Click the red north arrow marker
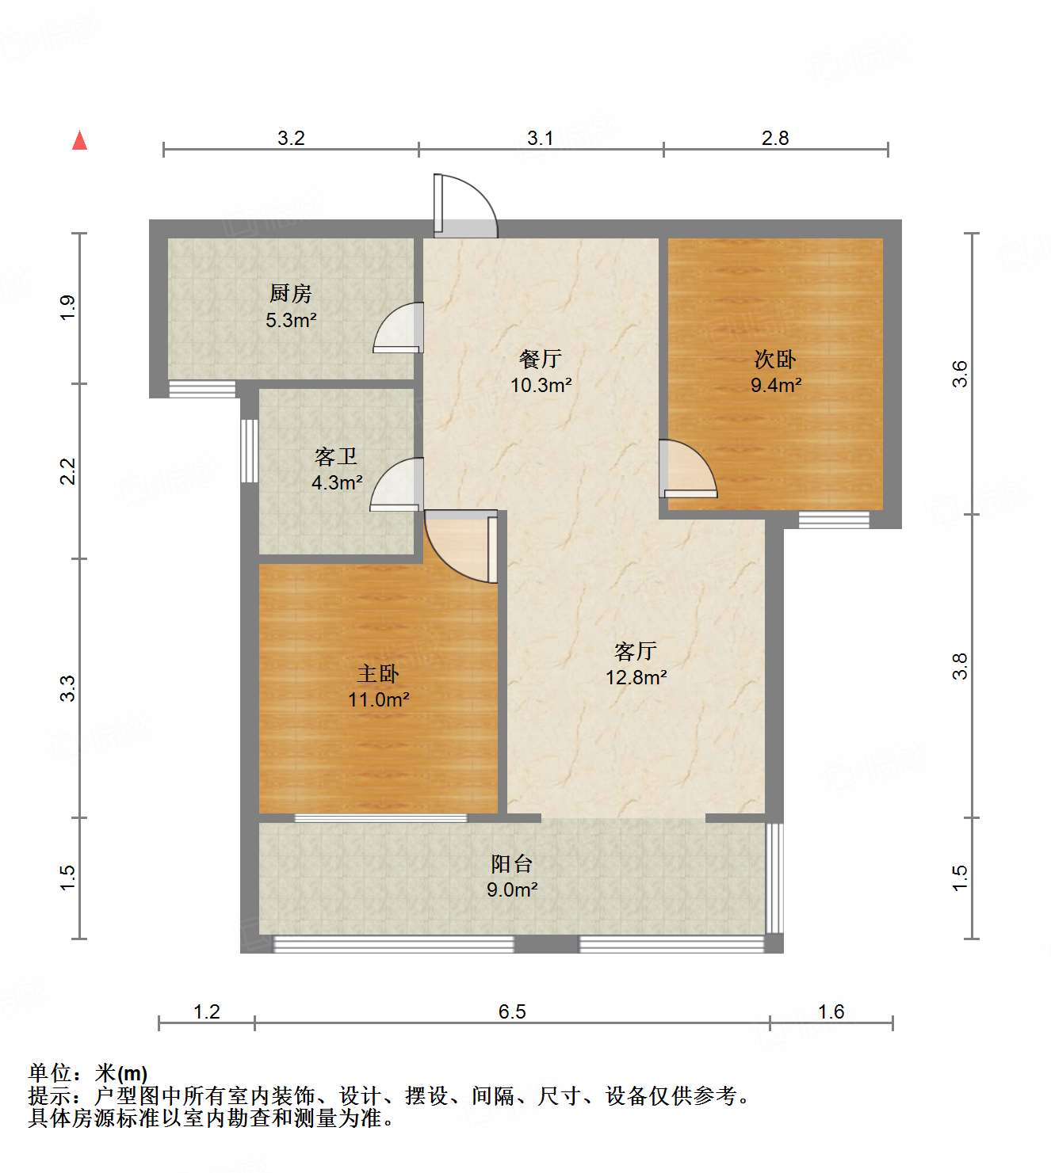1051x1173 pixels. click(x=79, y=140)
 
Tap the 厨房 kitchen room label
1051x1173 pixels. click(x=291, y=294)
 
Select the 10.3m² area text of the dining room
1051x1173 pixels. click(x=541, y=386)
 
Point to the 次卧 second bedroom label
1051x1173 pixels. click(x=775, y=359)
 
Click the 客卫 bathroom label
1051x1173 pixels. click(x=336, y=456)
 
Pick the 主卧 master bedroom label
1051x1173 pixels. click(x=378, y=673)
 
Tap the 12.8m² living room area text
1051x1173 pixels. click(x=636, y=677)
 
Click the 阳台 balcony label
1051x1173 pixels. click(x=511, y=863)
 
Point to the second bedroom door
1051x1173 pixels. click(x=687, y=470)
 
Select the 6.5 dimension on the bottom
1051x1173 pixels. click(x=512, y=1011)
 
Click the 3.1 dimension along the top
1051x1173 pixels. click(x=541, y=139)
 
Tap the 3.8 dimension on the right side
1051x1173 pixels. click(x=960, y=666)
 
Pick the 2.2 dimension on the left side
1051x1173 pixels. click(x=69, y=472)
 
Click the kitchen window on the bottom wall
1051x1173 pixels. click(x=203, y=389)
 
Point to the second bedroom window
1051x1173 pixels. click(x=834, y=520)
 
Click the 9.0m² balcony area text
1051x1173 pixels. click(x=512, y=889)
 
